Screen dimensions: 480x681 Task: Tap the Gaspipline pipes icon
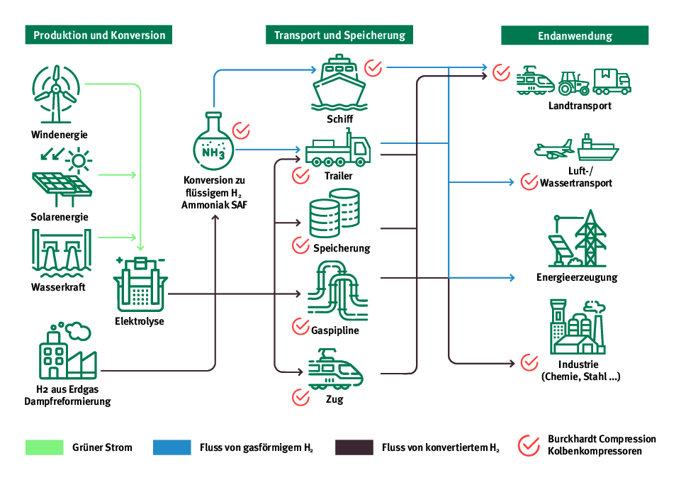(x=338, y=291)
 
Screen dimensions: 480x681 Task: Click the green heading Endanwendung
(x=575, y=35)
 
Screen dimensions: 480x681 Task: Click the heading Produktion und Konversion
(x=99, y=35)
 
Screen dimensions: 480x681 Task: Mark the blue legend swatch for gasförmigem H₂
(x=172, y=447)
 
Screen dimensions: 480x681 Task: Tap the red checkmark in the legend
(x=529, y=445)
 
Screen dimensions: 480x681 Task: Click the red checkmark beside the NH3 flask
(x=242, y=130)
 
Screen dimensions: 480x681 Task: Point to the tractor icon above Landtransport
(x=574, y=83)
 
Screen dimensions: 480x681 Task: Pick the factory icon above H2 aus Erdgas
(x=68, y=352)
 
